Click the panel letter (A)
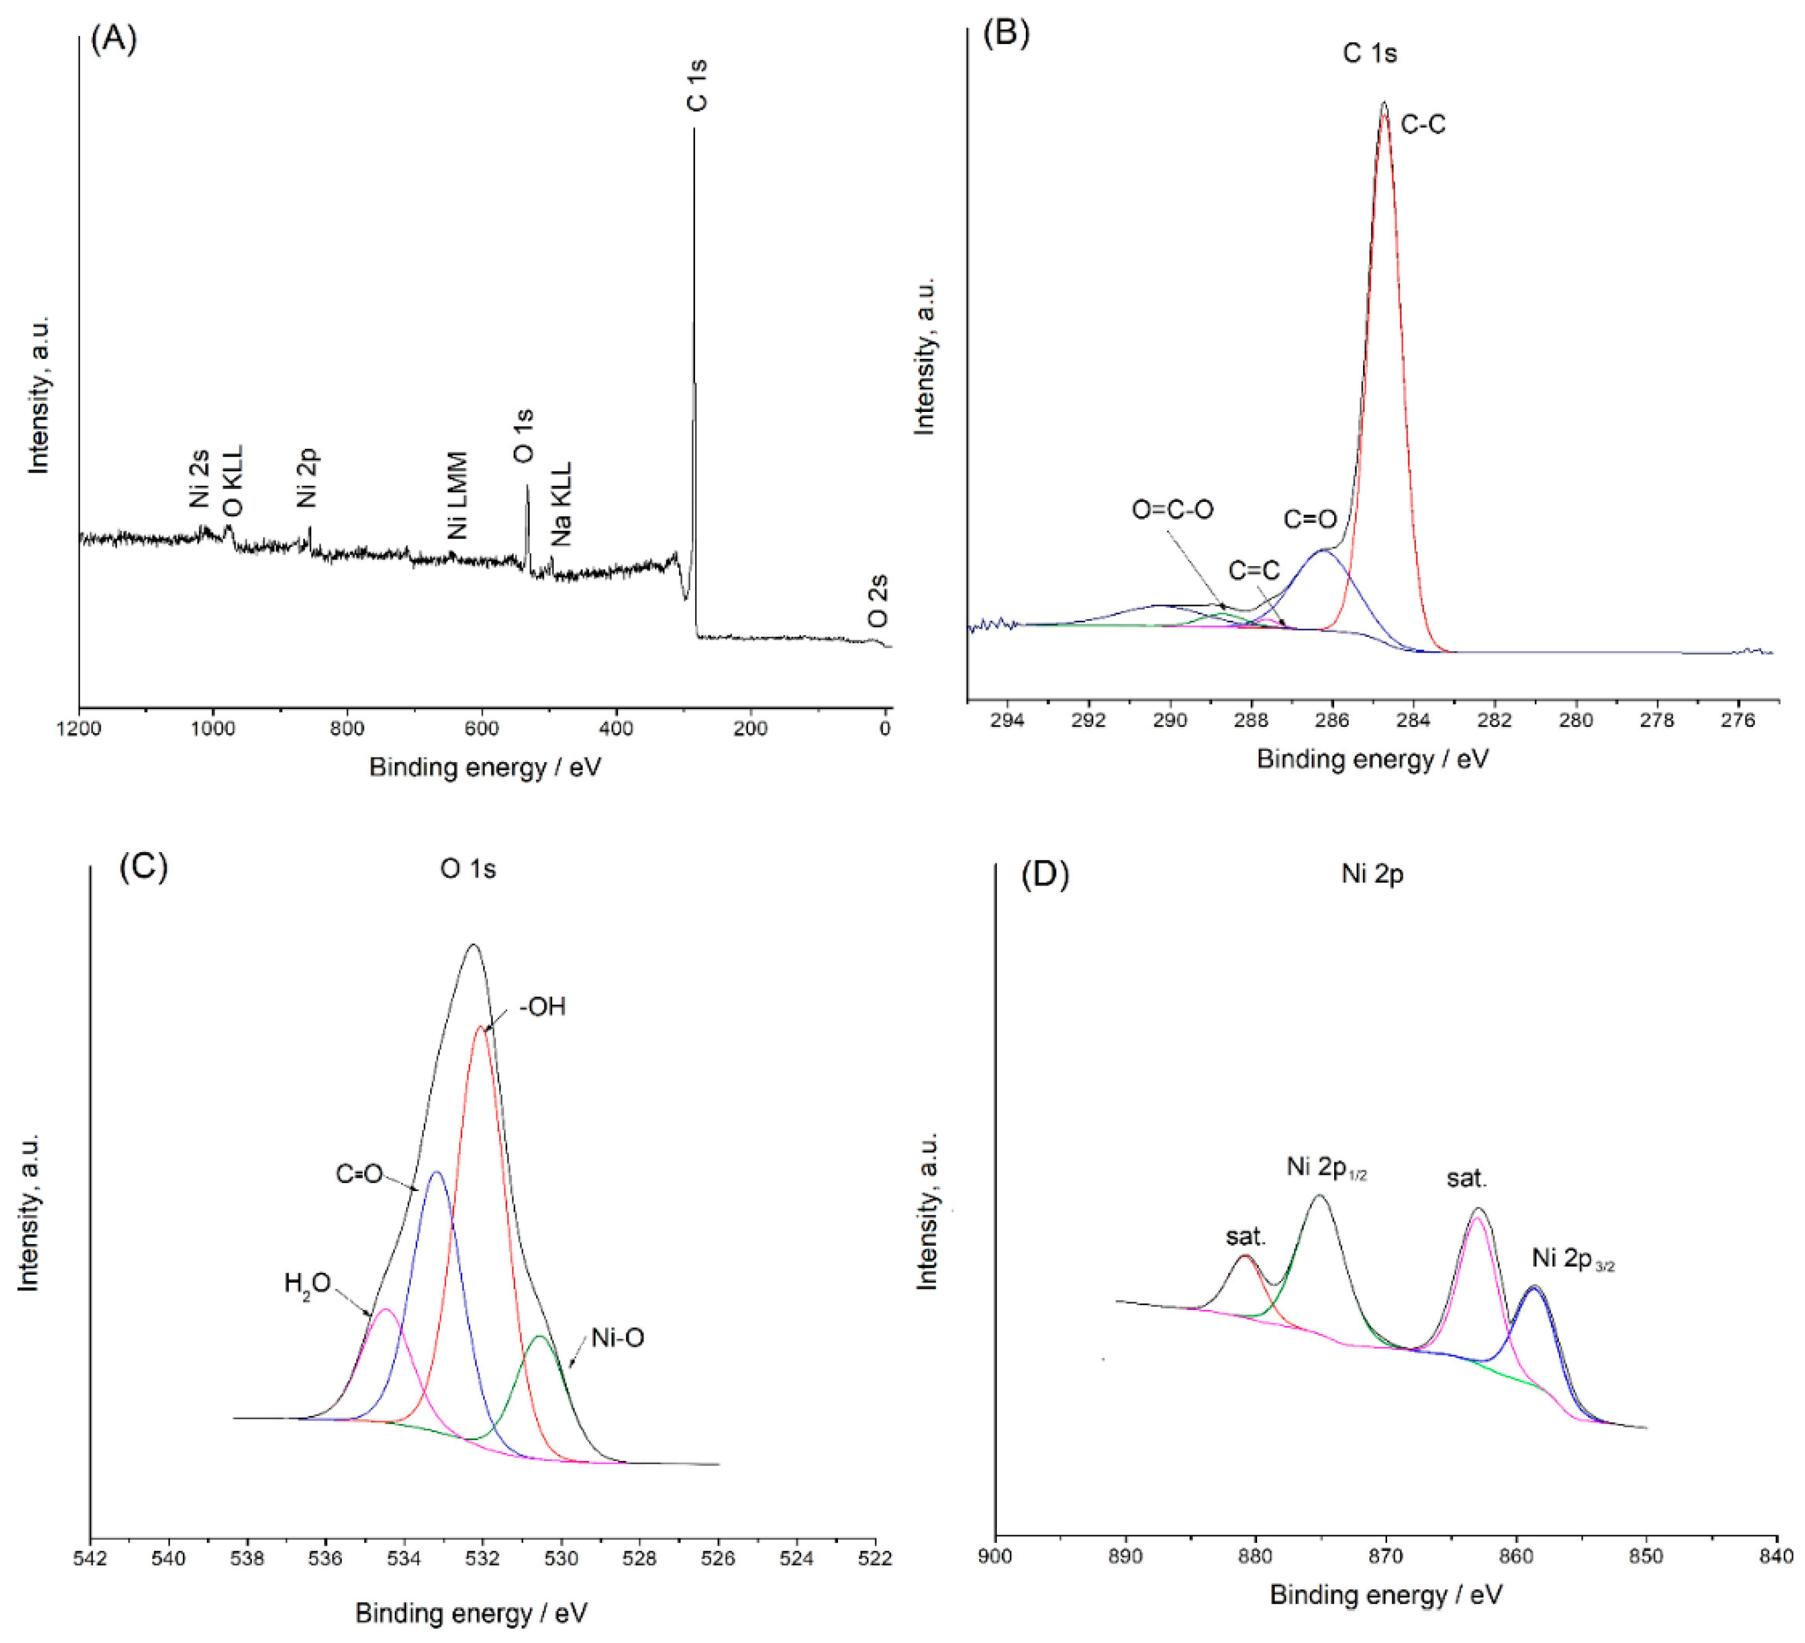114,39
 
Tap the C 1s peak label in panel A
697,85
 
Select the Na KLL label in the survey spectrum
561,504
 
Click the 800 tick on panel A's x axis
347,729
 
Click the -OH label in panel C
543,1007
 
